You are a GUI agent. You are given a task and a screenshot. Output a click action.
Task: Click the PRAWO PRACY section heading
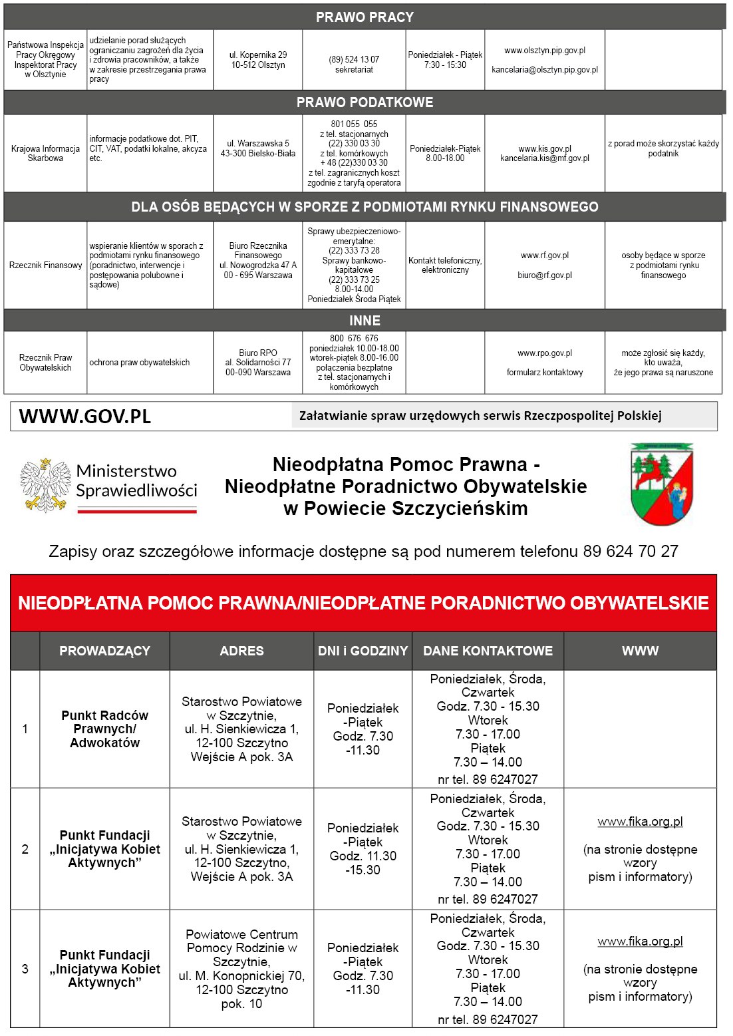365,17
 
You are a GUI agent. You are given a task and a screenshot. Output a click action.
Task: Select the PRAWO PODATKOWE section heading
365,102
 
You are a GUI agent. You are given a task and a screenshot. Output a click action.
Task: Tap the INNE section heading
365,321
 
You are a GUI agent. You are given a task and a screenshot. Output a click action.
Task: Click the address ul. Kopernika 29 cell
258,60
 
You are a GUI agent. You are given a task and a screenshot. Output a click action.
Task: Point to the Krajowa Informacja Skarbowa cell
45,154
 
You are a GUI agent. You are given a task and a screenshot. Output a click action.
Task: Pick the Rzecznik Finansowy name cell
45,265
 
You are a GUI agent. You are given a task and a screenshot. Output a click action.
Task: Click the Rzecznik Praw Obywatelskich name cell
45,363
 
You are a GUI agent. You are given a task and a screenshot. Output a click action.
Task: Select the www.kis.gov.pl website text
545,149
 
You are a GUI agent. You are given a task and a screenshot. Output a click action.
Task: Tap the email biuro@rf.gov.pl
545,275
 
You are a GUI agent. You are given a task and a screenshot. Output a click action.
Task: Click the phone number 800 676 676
354,339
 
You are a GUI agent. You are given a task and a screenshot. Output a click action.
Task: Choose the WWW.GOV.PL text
85,417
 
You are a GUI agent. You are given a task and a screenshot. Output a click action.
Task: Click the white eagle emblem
45,485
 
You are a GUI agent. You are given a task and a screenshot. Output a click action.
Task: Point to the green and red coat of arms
661,484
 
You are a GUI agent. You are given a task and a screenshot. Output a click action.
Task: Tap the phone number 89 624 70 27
631,552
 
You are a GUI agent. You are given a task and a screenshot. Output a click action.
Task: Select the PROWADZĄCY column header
104,651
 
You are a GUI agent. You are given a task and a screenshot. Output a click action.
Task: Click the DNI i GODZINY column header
363,651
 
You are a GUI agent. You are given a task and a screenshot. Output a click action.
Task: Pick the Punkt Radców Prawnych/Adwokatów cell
104,729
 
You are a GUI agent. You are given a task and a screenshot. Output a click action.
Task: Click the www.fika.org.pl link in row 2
640,822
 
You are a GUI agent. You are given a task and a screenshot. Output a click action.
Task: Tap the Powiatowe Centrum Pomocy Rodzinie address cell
241,969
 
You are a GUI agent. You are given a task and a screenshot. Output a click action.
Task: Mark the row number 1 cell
25,729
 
